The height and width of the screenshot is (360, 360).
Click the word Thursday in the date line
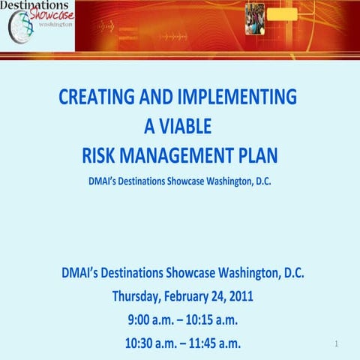pyautogui.click(x=139, y=295)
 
